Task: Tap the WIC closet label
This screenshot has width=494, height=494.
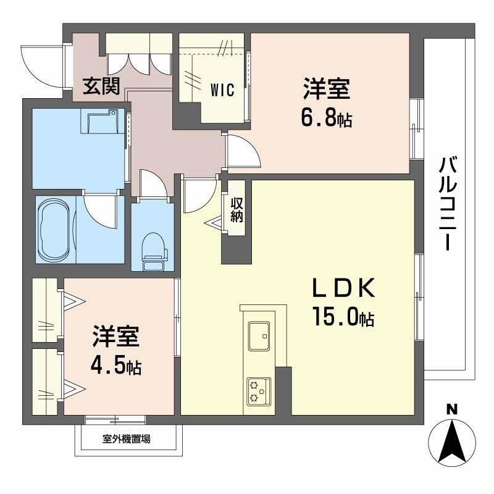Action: (x=222, y=90)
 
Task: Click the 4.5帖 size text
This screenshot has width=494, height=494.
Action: (x=116, y=367)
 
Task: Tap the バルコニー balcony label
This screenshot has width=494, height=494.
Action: (x=449, y=203)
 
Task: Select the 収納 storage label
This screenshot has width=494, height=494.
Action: (x=237, y=209)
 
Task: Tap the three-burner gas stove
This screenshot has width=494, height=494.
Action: (x=258, y=390)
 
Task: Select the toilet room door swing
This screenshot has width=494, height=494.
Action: (x=151, y=184)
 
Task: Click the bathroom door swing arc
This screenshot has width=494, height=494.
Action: (x=99, y=210)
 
